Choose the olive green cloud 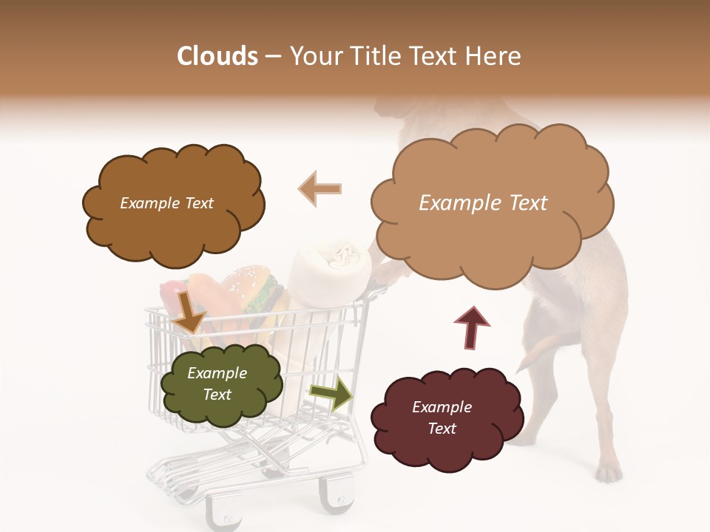[221, 384]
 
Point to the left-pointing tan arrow [320, 188]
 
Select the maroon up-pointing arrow [472, 327]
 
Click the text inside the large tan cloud [483, 203]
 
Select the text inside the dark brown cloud [166, 203]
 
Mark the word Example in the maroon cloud [442, 407]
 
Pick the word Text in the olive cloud [217, 395]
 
